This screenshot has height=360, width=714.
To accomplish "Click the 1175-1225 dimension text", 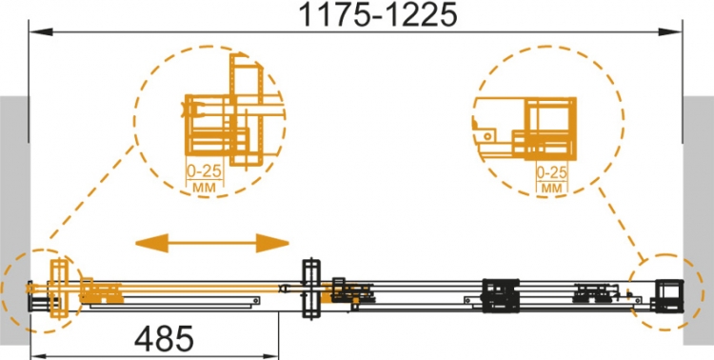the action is coord(378,14).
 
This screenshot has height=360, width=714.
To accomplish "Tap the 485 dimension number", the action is coord(165,339).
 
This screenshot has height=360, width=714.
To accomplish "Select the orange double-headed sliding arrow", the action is coord(212,243).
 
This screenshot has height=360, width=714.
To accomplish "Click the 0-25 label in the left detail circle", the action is coord(205,171).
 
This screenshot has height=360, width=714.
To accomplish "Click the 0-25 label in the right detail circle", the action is coord(551,172).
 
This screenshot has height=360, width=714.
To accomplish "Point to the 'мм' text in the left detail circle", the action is coord(205,187).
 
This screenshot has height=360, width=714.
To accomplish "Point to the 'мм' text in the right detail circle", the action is coord(551,188).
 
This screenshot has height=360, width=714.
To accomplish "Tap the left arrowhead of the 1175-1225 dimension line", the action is coord(41,32).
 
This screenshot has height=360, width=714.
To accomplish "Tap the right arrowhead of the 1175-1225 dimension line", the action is coord(670,32).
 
